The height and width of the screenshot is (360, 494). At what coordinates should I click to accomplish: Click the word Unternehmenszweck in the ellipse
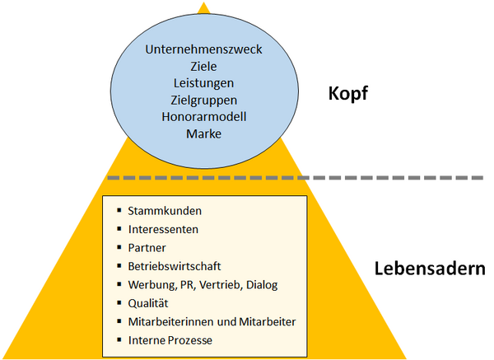(x=203, y=49)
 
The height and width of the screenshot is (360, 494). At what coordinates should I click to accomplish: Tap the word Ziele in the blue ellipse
(x=203, y=67)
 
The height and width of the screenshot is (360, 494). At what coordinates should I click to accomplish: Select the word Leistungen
(x=203, y=83)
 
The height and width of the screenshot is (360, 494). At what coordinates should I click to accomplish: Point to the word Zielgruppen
(x=203, y=101)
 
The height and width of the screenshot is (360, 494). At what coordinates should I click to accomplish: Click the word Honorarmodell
(x=204, y=117)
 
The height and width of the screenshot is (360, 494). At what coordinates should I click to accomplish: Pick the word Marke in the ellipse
(x=204, y=134)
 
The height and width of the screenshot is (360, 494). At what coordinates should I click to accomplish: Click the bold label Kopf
(x=347, y=94)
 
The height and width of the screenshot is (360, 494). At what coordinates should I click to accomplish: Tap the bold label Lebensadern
(x=430, y=269)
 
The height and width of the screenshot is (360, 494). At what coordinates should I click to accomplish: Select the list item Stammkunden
(x=165, y=211)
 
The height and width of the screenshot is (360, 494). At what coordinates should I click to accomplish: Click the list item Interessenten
(x=163, y=230)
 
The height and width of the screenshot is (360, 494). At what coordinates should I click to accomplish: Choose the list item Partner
(x=147, y=248)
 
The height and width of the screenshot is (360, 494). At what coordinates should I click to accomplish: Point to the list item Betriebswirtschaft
(x=175, y=266)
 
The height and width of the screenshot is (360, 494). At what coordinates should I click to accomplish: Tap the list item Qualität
(x=148, y=304)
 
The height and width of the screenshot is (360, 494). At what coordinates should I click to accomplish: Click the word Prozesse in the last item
(x=190, y=340)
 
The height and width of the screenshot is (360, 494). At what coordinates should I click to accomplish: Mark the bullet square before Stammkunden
(x=119, y=210)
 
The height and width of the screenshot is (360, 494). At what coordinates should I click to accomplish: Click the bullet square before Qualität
(x=119, y=303)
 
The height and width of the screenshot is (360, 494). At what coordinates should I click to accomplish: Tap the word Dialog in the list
(x=262, y=285)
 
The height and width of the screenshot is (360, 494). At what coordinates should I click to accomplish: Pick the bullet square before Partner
(x=119, y=247)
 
